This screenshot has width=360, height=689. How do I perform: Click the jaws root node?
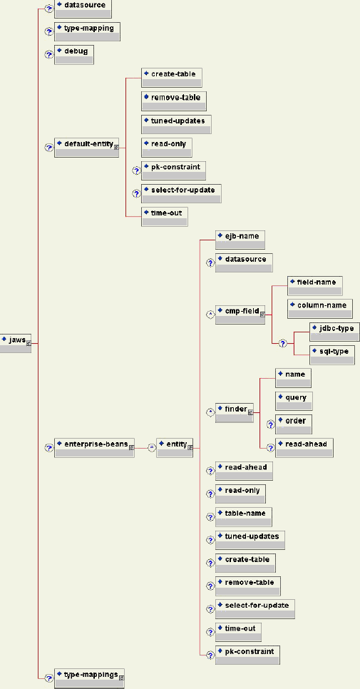pyautogui.click(x=16, y=343)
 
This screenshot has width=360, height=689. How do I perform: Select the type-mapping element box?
pyautogui.click(x=87, y=32)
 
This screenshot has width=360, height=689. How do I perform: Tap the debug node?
pyautogui.click(x=73, y=55)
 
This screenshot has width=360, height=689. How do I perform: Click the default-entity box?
pyautogui.click(x=87, y=148)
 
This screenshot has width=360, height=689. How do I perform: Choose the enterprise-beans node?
pyautogui.click(x=94, y=448)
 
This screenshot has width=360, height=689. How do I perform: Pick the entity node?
pyautogui.click(x=175, y=448)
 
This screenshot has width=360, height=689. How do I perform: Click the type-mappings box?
pyautogui.click(x=89, y=678)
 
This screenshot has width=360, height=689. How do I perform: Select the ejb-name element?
pyautogui.click(x=240, y=240)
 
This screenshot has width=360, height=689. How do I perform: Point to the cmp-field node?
pyautogui.click(x=240, y=315)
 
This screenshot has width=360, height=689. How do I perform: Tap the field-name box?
pyautogui.click(x=315, y=286)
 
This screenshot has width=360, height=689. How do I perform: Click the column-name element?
pyautogui.click(x=320, y=309)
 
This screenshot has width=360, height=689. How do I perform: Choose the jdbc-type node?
pyautogui.click(x=334, y=332)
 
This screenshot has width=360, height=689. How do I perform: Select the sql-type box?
pyautogui.click(x=331, y=355)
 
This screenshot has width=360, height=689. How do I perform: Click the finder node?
pyautogui.click(x=235, y=413)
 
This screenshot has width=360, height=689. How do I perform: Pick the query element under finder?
pyautogui.click(x=294, y=401)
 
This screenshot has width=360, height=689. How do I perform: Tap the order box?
pyautogui.click(x=294, y=424)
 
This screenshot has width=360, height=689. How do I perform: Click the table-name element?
pyautogui.click(x=243, y=516)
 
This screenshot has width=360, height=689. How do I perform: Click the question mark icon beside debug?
pyautogui.click(x=49, y=55)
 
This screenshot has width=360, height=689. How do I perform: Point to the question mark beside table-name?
pyautogui.click(x=210, y=516)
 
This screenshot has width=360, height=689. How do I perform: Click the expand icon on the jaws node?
pyautogui.click(x=29, y=344)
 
